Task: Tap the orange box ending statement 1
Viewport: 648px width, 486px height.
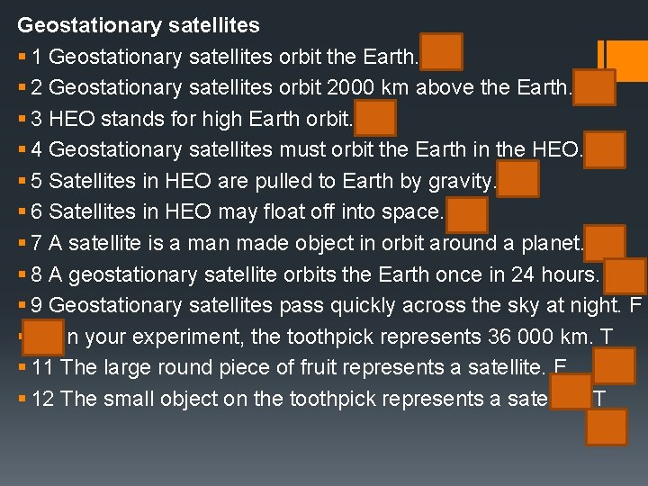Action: [x=441, y=52]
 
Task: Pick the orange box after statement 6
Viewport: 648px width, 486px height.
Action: [x=466, y=214]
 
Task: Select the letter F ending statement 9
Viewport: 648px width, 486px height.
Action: [x=635, y=305]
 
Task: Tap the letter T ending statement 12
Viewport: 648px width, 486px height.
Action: [x=599, y=399]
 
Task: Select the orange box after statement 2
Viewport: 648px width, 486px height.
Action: [x=594, y=87]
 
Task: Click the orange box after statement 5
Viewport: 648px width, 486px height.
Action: [x=517, y=178]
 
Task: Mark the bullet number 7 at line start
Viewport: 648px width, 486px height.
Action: [x=37, y=242]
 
